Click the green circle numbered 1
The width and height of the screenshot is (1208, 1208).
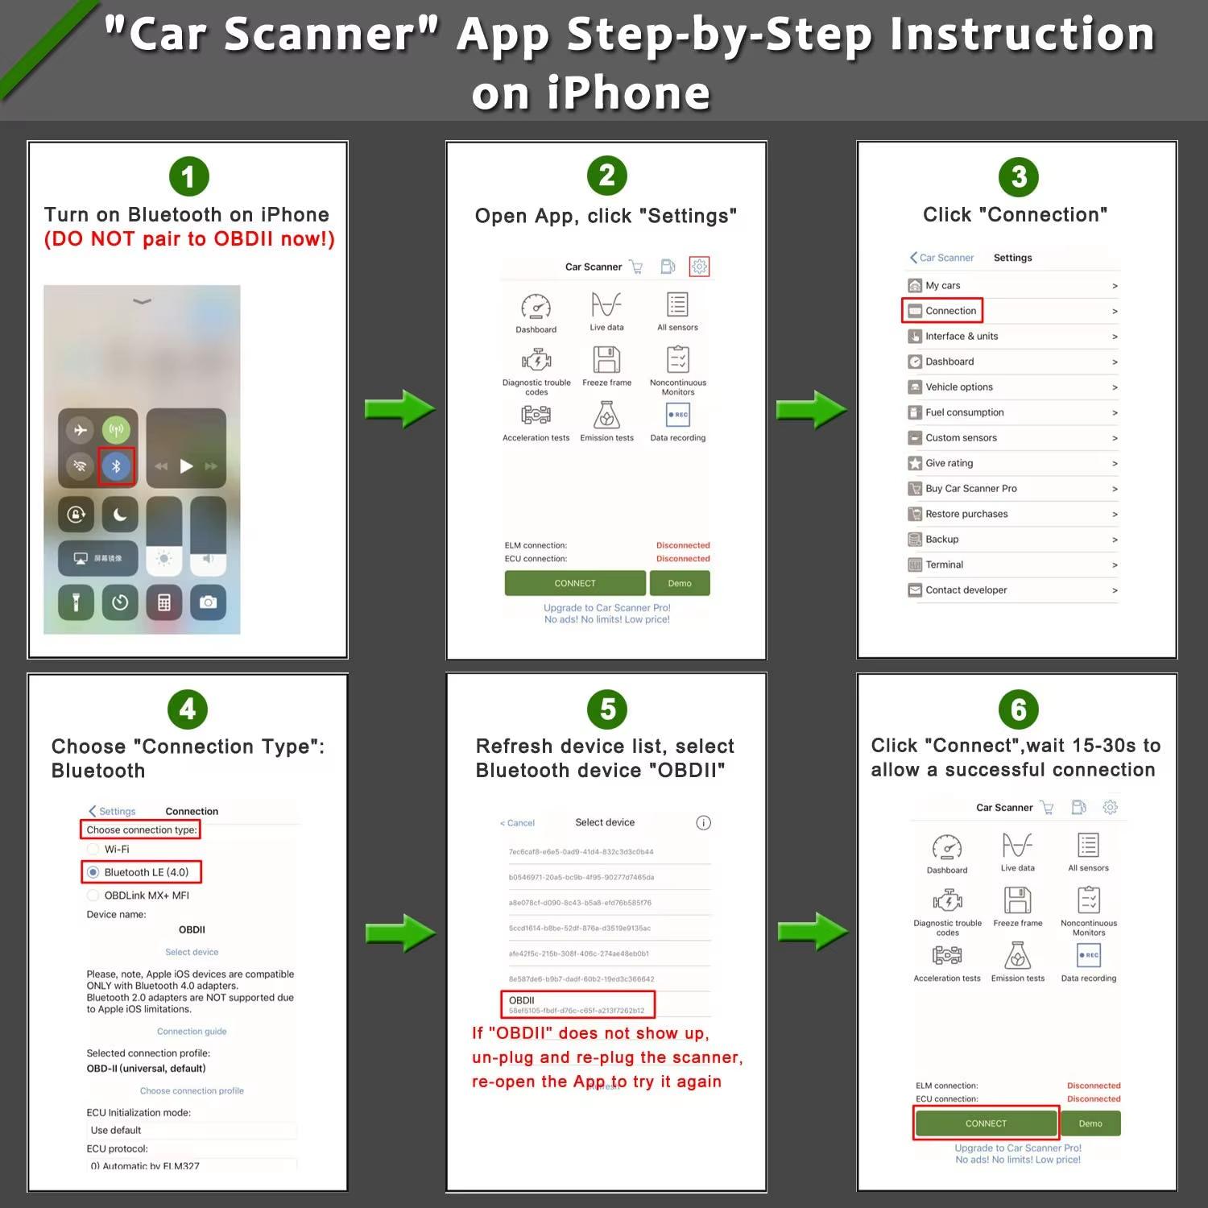188,176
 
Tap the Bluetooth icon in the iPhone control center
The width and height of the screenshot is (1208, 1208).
116,465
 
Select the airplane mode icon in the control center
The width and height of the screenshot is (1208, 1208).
81,430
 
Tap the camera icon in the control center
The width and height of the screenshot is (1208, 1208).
208,602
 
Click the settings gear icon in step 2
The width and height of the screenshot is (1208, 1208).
699,267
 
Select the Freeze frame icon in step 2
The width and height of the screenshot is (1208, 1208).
606,360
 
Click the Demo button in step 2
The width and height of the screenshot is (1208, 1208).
679,583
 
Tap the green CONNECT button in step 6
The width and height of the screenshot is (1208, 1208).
986,1123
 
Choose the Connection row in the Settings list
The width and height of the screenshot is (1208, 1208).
950,311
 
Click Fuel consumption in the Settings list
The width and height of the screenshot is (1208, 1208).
964,412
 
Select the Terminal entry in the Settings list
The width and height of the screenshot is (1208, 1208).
944,565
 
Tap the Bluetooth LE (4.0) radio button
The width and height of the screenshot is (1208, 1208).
93,872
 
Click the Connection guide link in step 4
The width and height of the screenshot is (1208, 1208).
192,1031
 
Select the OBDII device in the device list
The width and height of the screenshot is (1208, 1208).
577,1004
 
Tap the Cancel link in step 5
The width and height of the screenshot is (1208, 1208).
517,823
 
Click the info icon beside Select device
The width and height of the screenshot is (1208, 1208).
703,822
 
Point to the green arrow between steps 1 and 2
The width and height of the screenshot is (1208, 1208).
399,409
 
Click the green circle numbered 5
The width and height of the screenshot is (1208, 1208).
607,709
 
